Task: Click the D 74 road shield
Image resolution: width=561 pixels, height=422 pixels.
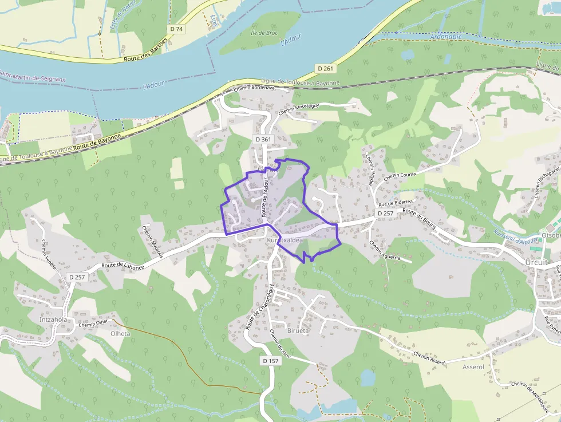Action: click(x=176, y=29)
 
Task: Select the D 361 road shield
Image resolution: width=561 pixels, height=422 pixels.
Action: click(x=263, y=139)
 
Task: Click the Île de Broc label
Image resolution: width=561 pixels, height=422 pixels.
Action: click(x=264, y=33)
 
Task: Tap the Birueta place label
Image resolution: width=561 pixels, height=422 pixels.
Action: click(x=297, y=330)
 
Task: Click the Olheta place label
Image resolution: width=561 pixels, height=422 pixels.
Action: click(x=120, y=333)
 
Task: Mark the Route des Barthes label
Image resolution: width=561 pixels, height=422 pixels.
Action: click(x=145, y=50)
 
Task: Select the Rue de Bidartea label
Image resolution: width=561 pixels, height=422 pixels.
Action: click(x=395, y=203)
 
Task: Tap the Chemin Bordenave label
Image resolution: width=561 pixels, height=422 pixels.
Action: click(x=254, y=89)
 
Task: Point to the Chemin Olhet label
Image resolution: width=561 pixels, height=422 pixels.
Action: click(x=93, y=324)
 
